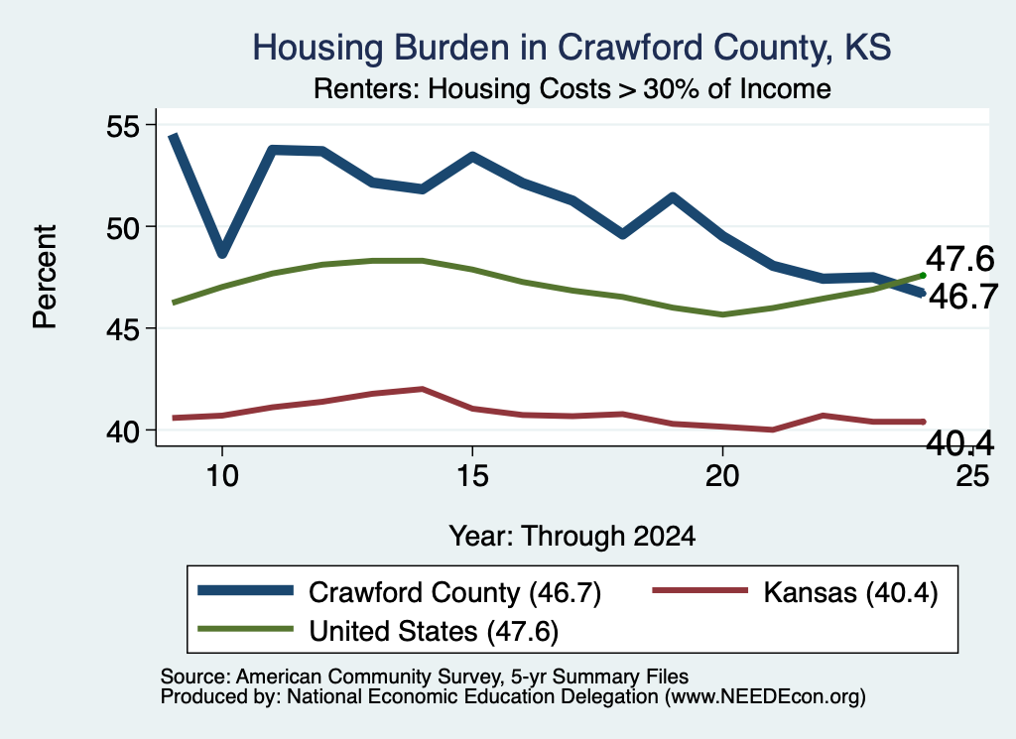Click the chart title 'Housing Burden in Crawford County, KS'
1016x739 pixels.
tap(571, 48)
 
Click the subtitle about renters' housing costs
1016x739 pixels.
tap(572, 88)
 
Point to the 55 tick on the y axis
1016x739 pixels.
tap(123, 126)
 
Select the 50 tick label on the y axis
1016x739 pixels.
tap(123, 227)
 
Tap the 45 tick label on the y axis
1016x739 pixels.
tap(123, 329)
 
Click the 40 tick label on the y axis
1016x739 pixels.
tap(123, 431)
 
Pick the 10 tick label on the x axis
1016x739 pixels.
tap(222, 476)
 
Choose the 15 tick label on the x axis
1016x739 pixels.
tap(472, 476)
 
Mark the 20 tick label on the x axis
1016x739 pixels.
tap(722, 476)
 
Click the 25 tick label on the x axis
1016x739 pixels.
tap(972, 476)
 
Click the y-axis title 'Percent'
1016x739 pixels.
tap(46, 277)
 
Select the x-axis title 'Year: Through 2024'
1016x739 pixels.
tap(572, 537)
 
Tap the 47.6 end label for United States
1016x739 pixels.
tap(959, 259)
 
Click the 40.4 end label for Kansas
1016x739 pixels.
tap(959, 443)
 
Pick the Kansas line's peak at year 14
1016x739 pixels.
tap(423, 389)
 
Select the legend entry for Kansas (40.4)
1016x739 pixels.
tap(795, 592)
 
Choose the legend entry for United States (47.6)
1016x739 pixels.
tap(378, 631)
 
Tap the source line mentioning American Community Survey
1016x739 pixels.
tap(425, 677)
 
